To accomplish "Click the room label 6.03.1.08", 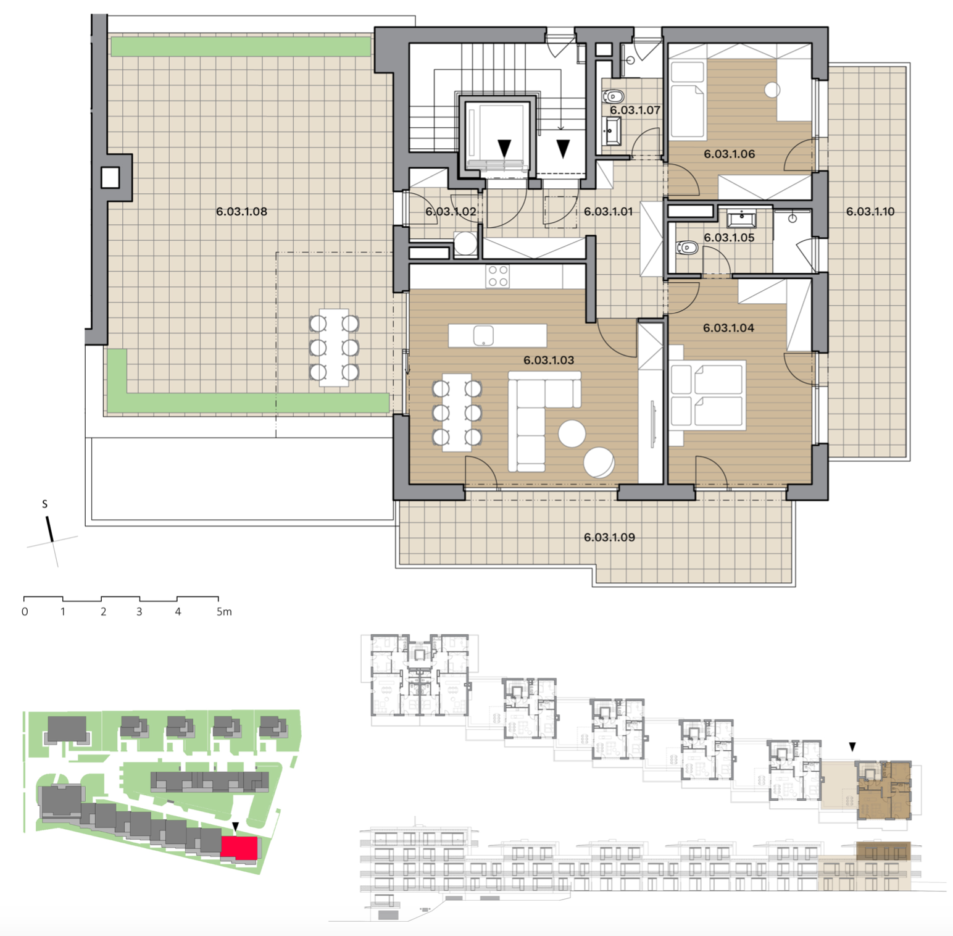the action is point(241,211).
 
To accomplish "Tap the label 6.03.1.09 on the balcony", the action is point(609,537).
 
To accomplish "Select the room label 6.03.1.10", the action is point(870,211).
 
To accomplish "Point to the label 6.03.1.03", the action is point(549,360).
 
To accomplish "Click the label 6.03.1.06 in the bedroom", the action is point(729,154).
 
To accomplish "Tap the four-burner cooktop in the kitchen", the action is point(497,276).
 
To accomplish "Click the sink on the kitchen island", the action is point(483,335).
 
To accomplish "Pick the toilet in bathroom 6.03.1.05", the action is point(687,248).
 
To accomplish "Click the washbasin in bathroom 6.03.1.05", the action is point(741,219).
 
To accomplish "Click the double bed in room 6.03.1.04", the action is point(707,395).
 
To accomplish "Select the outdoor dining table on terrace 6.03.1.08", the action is point(334,348).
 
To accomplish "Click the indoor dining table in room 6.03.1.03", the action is point(457,412).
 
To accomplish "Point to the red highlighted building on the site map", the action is point(239,848).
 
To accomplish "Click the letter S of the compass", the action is point(44,504).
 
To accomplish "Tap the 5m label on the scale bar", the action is point(224,611).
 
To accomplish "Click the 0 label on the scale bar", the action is point(25,611).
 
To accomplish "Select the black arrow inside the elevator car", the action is point(504,148).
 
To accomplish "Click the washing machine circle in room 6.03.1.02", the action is point(465,243).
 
